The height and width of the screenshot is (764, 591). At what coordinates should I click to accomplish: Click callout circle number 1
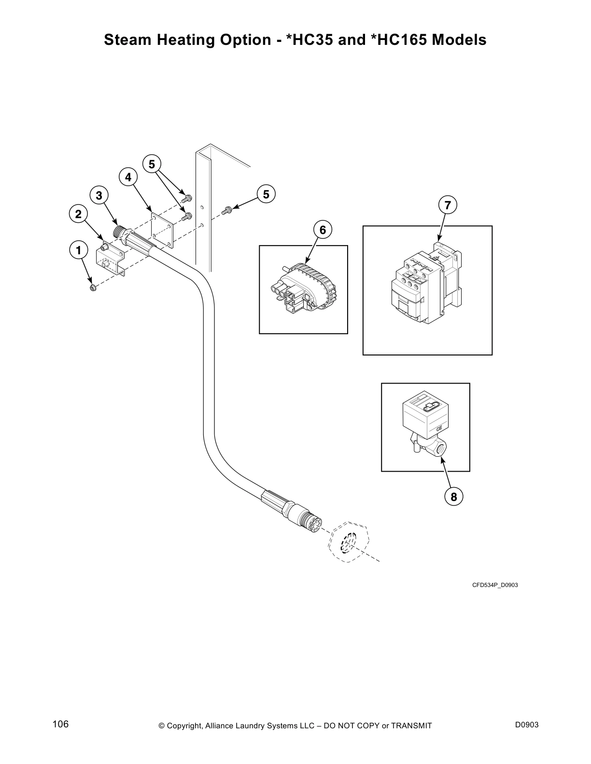coord(79,250)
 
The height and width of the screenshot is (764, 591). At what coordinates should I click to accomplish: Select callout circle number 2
coord(79,214)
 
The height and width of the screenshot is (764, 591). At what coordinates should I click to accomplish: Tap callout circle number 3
coord(99,195)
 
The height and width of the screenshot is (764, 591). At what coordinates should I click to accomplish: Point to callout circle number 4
coord(128,177)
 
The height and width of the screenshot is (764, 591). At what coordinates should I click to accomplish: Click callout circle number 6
coord(323,230)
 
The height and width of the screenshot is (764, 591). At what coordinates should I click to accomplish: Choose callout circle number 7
coord(448,205)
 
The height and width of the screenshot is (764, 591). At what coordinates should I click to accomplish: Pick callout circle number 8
coord(454,496)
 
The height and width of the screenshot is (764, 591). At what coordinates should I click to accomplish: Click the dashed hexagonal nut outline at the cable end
coord(349,542)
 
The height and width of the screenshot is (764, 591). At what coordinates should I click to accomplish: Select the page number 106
coord(61,724)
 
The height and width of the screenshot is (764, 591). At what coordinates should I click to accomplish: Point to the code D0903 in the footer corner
coord(527,725)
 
